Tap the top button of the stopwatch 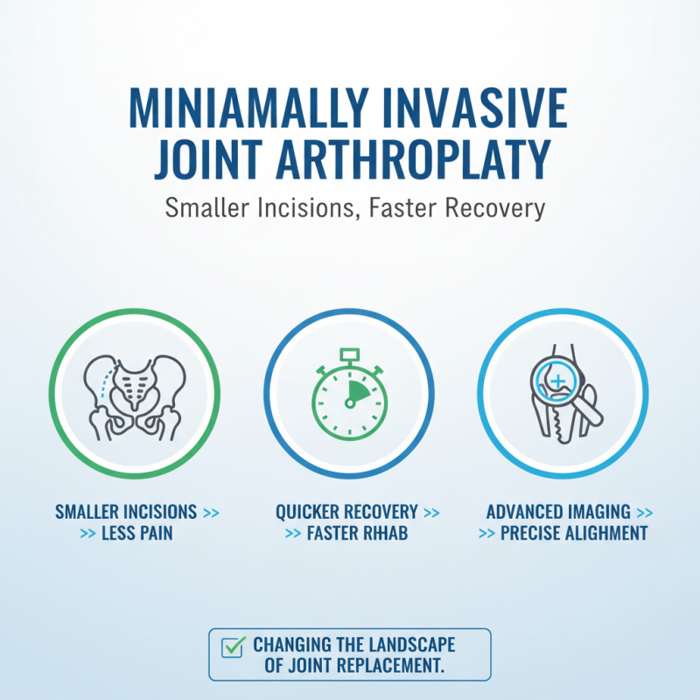[x=350, y=353]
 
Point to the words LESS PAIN [x=136, y=532]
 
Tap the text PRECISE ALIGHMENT [x=574, y=532]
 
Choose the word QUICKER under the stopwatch [x=311, y=512]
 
